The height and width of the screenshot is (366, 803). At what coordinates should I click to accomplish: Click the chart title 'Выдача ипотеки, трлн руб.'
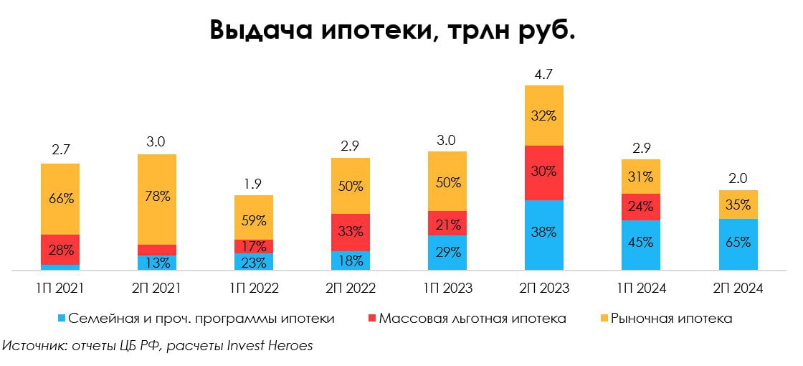click(393, 31)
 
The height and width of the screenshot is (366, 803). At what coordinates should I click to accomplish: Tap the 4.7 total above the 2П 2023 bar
click(543, 73)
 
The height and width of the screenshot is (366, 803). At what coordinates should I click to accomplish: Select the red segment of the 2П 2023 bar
click(543, 172)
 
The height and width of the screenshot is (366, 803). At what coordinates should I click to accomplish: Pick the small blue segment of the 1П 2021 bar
click(60, 267)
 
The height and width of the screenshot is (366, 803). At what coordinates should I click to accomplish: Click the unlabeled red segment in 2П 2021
click(157, 250)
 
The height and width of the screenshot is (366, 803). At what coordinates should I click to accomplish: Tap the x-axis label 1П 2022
click(253, 288)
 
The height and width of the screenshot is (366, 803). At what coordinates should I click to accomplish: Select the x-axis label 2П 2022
click(350, 288)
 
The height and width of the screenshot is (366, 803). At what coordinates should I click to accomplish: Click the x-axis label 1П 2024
click(640, 288)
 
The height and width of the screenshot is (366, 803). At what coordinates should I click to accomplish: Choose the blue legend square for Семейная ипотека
click(62, 318)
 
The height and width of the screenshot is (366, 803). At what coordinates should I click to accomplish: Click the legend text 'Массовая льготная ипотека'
click(472, 318)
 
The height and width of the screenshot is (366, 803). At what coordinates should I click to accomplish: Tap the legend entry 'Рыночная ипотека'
click(671, 318)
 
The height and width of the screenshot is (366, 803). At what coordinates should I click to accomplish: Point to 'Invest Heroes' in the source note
click(270, 345)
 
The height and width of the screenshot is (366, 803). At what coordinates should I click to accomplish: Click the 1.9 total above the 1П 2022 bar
click(253, 184)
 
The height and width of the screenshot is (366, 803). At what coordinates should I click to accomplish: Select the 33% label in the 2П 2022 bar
click(350, 232)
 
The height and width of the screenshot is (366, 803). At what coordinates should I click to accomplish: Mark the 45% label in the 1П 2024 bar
click(640, 242)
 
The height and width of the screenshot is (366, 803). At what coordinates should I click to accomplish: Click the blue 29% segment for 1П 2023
click(447, 252)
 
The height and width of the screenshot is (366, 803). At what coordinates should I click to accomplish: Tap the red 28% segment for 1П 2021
click(60, 249)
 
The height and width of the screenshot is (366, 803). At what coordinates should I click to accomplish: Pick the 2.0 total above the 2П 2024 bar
click(737, 179)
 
